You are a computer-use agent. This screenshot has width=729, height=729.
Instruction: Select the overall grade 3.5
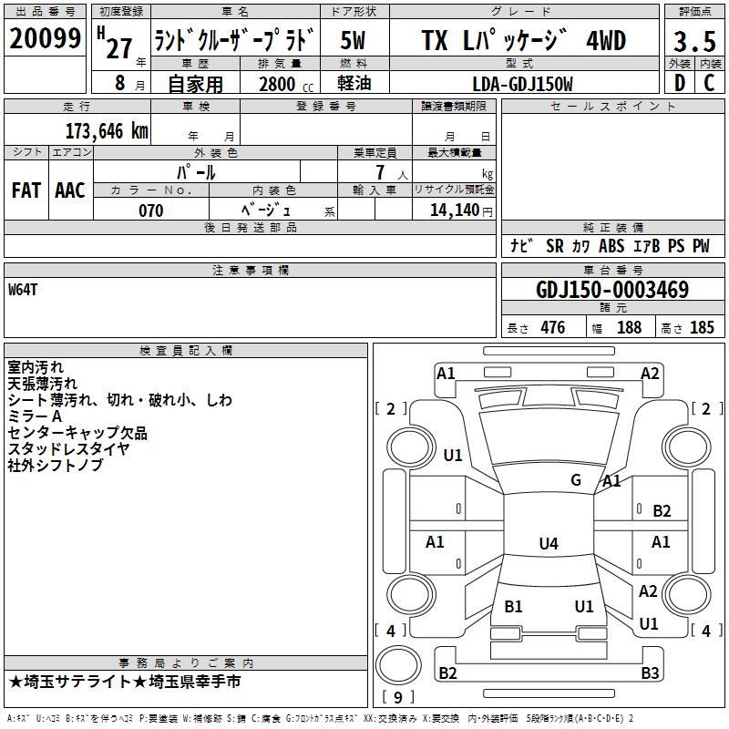[x=693, y=42]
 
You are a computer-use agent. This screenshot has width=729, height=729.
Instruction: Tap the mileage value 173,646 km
[x=108, y=130]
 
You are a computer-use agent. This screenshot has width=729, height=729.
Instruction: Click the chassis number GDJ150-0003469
[x=612, y=290]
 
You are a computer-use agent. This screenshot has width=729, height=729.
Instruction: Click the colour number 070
[x=150, y=210]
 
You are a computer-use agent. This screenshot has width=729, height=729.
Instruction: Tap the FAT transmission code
[x=26, y=190]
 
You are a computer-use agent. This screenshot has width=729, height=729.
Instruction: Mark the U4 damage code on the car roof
[x=548, y=544]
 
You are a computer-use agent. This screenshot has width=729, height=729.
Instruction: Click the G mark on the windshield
[x=576, y=480]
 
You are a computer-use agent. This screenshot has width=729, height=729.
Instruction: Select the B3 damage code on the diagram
[x=650, y=673]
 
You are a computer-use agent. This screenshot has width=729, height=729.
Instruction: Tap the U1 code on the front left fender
[x=453, y=456]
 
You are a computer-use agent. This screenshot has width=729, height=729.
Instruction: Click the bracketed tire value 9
[x=396, y=697]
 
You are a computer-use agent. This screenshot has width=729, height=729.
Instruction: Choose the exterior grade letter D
[x=679, y=84]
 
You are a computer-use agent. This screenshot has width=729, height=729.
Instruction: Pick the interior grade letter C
[x=710, y=84]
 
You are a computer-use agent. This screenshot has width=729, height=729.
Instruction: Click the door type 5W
[x=354, y=41]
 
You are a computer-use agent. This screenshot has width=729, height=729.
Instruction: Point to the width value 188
[x=629, y=327]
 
